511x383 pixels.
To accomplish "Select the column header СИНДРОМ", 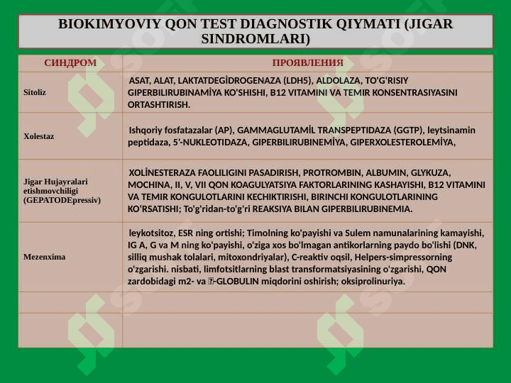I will point(70,62).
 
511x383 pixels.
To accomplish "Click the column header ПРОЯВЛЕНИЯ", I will point(307,62).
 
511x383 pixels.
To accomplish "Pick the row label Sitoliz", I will point(35,92).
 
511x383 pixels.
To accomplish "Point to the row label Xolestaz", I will point(38,135).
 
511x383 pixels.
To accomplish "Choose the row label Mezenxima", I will point(44,257).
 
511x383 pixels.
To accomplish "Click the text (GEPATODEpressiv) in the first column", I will point(62,201).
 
